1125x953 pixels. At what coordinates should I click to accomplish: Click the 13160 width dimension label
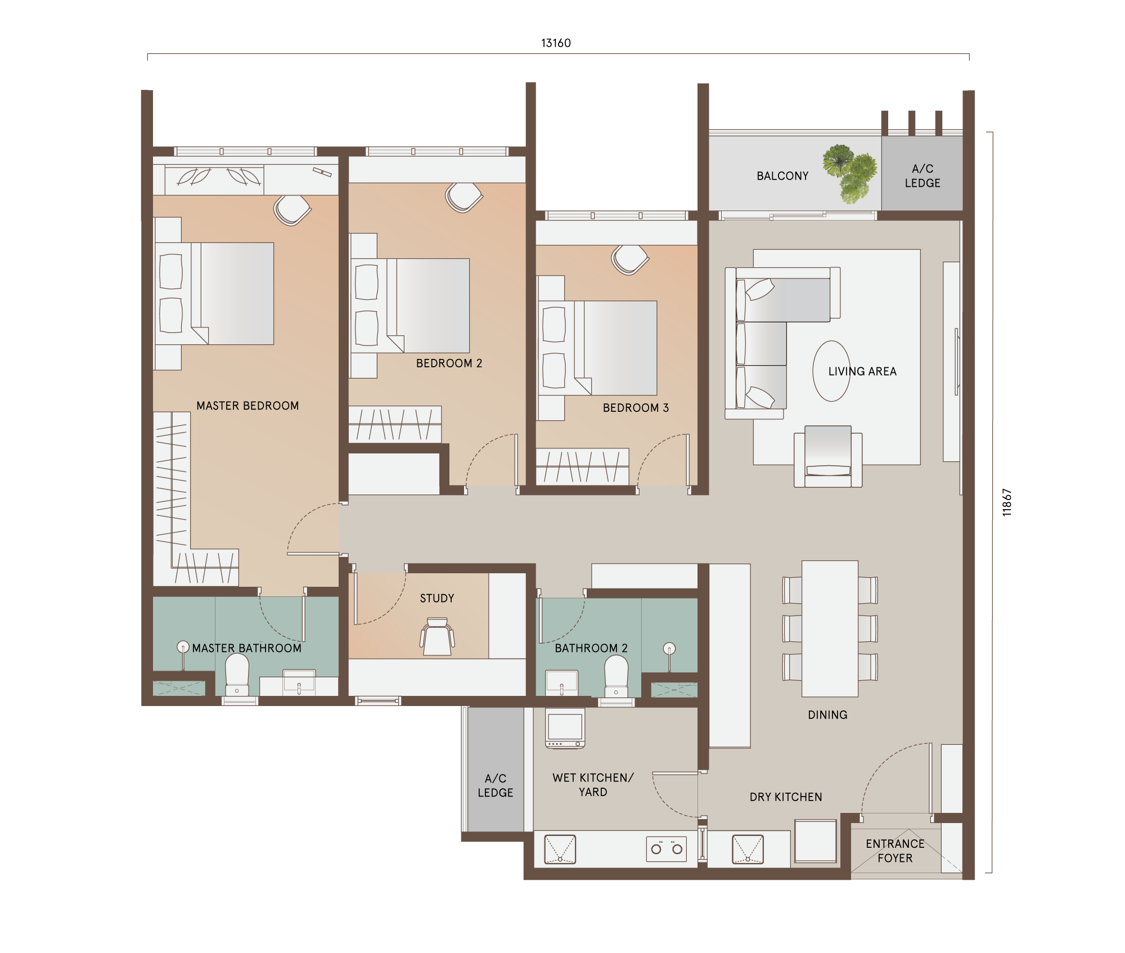click(x=556, y=43)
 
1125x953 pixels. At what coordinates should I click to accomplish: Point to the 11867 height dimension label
click(x=1007, y=502)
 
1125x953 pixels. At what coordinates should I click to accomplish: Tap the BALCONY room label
click(x=782, y=176)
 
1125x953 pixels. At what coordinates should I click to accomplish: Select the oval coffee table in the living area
click(x=831, y=371)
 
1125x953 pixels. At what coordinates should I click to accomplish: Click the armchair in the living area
click(x=828, y=456)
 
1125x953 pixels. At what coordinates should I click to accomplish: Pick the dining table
click(x=830, y=628)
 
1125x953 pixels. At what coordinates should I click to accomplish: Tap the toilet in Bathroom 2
click(x=616, y=677)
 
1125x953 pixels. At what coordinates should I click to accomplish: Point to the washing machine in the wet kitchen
click(x=565, y=728)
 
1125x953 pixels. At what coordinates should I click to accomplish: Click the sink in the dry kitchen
click(x=748, y=849)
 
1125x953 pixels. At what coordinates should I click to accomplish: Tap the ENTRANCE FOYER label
click(x=895, y=851)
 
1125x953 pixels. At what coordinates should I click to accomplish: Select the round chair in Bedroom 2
click(x=463, y=197)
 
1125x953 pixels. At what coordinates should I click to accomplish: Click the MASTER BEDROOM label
click(x=247, y=406)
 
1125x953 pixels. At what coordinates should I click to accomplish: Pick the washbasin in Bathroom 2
click(x=562, y=681)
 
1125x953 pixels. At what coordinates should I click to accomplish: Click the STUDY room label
click(x=437, y=598)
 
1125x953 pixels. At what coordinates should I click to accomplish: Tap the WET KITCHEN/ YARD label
click(x=593, y=785)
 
